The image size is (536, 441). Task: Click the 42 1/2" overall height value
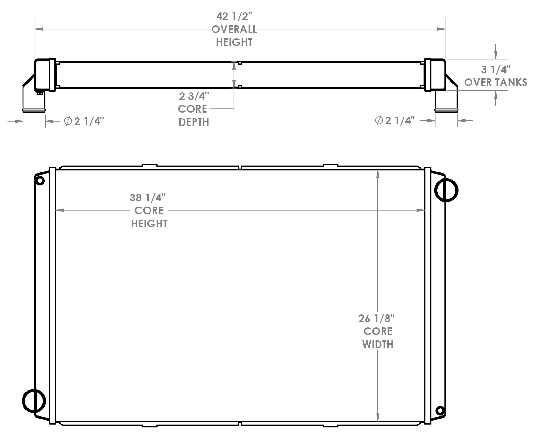click(x=234, y=16)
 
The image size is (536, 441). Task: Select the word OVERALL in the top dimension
click(x=234, y=30)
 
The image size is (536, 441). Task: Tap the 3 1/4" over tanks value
click(x=495, y=69)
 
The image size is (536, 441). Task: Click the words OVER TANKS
click(x=495, y=83)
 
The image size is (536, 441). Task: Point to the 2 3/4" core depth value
click(x=194, y=96)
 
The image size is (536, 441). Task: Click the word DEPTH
click(x=194, y=122)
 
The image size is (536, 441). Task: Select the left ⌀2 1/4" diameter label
click(x=84, y=121)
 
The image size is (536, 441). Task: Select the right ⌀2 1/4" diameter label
click(x=395, y=121)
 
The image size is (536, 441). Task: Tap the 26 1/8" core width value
click(x=376, y=318)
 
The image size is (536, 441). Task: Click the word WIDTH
click(x=378, y=345)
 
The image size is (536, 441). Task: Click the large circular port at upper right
click(x=446, y=190)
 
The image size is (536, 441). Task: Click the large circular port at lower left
click(x=34, y=401)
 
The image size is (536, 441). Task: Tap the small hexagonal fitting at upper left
click(x=40, y=181)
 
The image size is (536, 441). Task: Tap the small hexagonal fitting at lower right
click(x=440, y=410)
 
